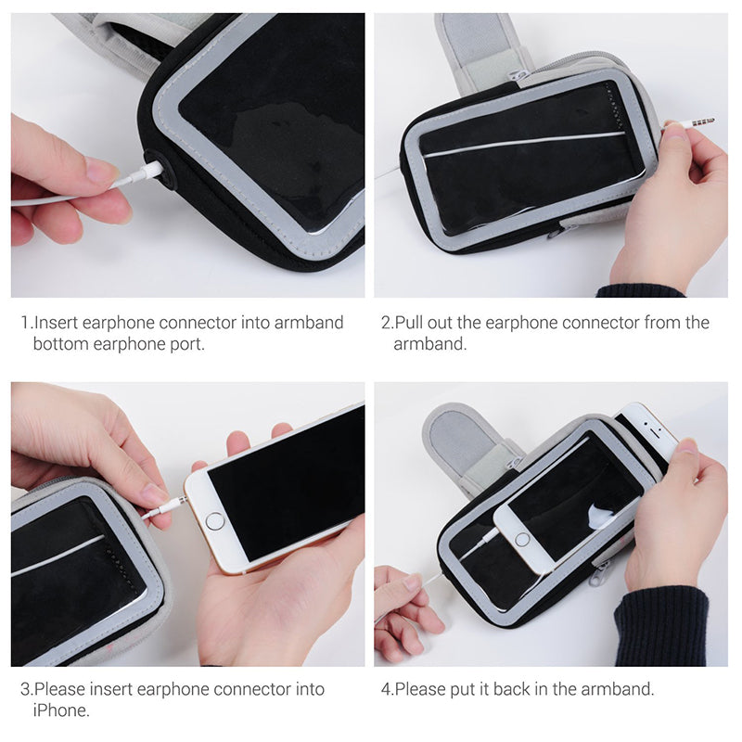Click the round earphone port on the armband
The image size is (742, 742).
click(160, 170)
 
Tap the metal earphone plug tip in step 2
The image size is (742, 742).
click(703, 122)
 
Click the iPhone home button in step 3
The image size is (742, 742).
click(215, 521)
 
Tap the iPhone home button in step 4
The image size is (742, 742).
click(522, 539)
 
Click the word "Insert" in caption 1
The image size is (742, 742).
click(56, 323)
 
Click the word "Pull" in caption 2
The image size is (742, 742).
click(409, 323)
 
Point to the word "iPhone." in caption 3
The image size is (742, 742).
click(61, 710)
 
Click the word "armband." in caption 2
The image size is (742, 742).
click(430, 344)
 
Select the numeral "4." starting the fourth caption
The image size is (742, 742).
click(387, 689)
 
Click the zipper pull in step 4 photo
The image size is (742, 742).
click(597, 572)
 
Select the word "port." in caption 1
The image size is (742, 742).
click(187, 345)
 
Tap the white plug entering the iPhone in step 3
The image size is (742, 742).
click(166, 509)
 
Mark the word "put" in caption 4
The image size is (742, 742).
click(463, 690)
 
